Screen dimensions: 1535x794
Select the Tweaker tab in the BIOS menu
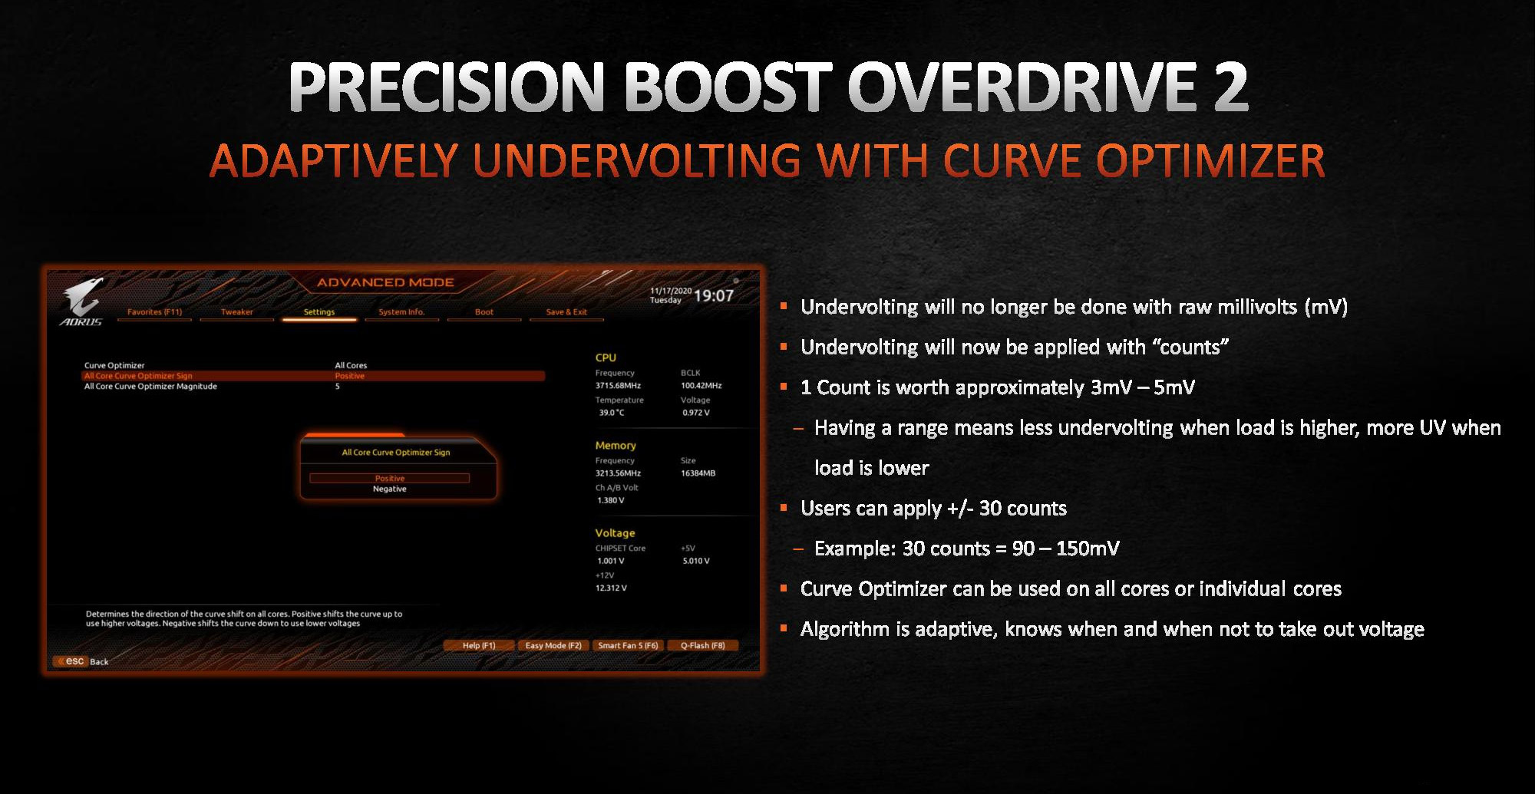(236, 312)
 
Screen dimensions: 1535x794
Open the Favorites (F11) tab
(154, 312)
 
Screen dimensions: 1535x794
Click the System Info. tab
(401, 312)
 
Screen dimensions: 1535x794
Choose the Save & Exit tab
(566, 312)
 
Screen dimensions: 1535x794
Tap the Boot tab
(484, 312)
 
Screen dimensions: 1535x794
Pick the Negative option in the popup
(390, 489)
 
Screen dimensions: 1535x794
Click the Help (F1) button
(479, 645)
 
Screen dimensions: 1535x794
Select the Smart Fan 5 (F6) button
(628, 645)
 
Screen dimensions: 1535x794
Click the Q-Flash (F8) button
(702, 645)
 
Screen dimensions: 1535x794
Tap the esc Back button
(81, 661)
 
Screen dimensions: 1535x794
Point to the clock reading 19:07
(714, 295)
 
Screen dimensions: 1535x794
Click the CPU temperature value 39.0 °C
(612, 413)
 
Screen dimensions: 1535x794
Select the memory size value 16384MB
(698, 473)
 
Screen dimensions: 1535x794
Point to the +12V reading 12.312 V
(611, 588)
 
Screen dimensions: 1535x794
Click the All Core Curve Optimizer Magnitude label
(150, 387)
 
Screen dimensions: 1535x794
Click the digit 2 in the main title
(1230, 87)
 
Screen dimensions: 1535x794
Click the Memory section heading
(616, 446)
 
